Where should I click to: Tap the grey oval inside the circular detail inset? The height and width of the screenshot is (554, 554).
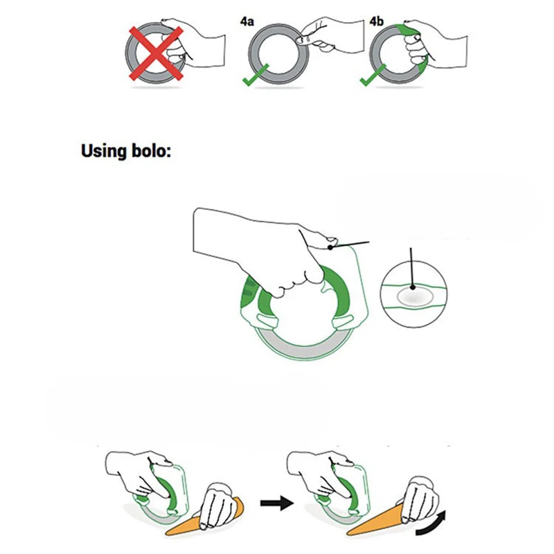414,298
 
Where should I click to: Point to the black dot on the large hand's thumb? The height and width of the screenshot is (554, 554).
332,245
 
